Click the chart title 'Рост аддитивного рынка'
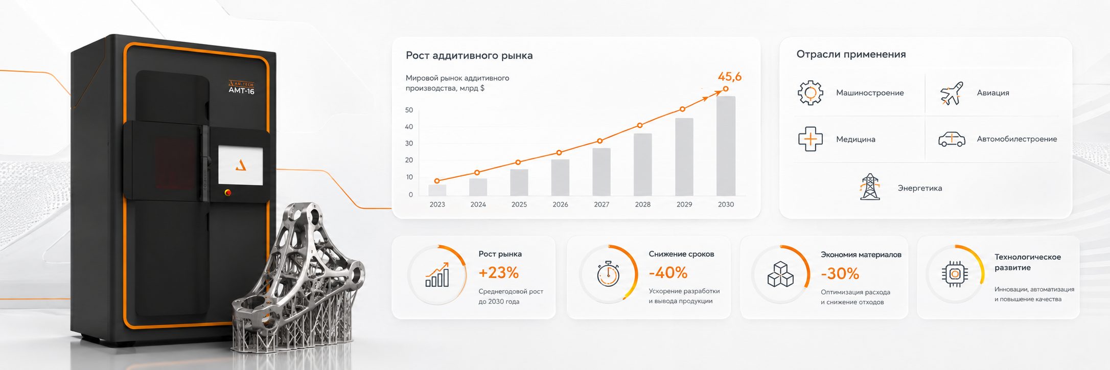click(469, 55)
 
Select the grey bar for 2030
click(726, 146)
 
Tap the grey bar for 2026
click(560, 177)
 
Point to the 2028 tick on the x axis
click(642, 204)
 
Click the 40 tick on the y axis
click(409, 127)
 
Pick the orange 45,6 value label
click(729, 77)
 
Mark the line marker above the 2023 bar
click(437, 181)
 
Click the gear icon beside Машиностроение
click(811, 92)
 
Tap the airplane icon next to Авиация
click(952, 94)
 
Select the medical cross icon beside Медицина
click(811, 139)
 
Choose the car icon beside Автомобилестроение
click(952, 139)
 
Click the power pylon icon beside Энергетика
click(870, 187)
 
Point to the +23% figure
click(498, 273)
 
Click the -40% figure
click(668, 273)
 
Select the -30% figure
click(840, 274)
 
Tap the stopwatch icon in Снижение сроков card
click(608, 274)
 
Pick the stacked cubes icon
click(780, 274)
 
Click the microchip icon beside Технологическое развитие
click(955, 274)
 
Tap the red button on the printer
click(227, 193)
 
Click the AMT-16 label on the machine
click(241, 91)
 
